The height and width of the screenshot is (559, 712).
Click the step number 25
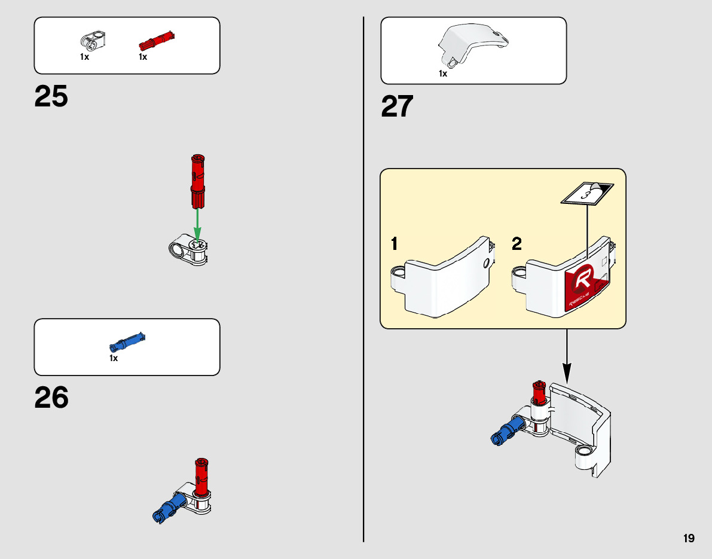click(51, 97)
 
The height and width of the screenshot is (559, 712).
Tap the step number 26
click(51, 398)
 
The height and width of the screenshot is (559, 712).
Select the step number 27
click(398, 108)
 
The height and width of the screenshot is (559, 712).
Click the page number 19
click(689, 538)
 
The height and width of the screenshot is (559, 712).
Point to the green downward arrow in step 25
click(197, 224)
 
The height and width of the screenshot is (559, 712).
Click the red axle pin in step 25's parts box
click(156, 41)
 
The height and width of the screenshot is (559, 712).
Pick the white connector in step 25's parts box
click(92, 41)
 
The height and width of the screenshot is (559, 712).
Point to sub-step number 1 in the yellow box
click(395, 244)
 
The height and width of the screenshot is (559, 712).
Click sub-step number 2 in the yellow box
click(517, 244)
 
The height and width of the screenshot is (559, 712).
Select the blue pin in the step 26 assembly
click(169, 507)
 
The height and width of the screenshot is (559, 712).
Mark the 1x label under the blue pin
click(114, 358)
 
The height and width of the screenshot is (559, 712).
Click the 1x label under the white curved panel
click(443, 74)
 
